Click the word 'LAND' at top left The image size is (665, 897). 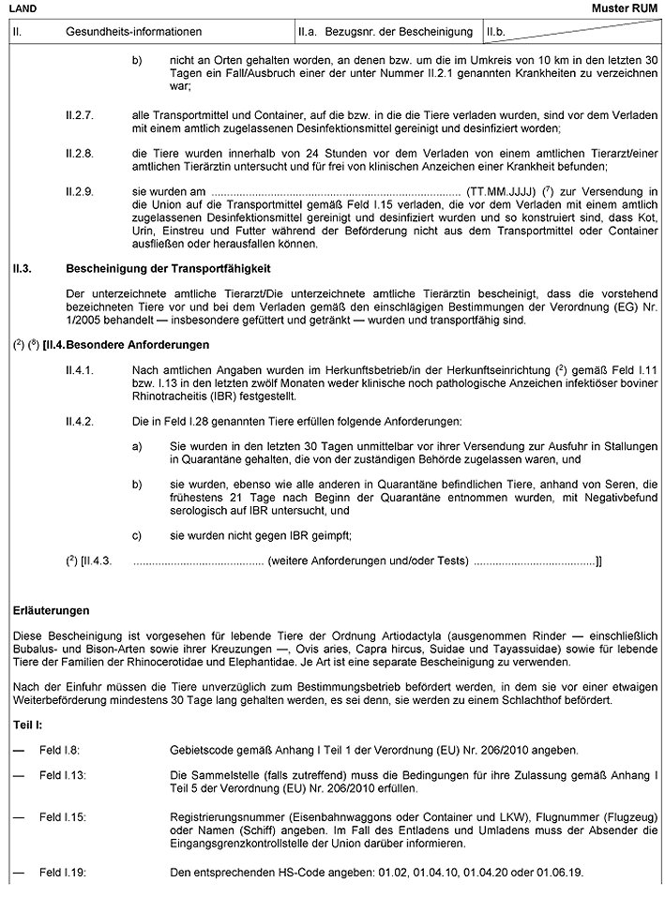click(x=23, y=7)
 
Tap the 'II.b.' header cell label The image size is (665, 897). click(x=498, y=32)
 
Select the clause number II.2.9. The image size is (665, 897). click(x=80, y=189)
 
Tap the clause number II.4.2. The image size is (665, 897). click(x=80, y=422)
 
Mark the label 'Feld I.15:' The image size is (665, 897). click(x=63, y=816)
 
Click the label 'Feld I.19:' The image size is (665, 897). click(x=63, y=872)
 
